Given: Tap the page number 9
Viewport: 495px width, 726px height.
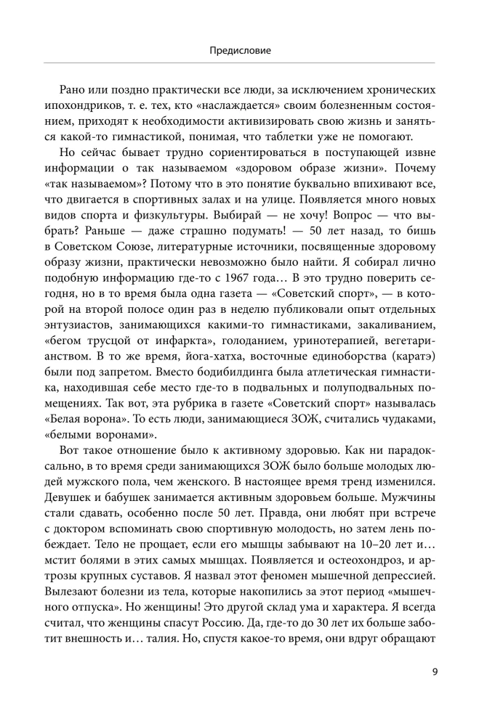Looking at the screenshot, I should [x=433, y=671].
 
